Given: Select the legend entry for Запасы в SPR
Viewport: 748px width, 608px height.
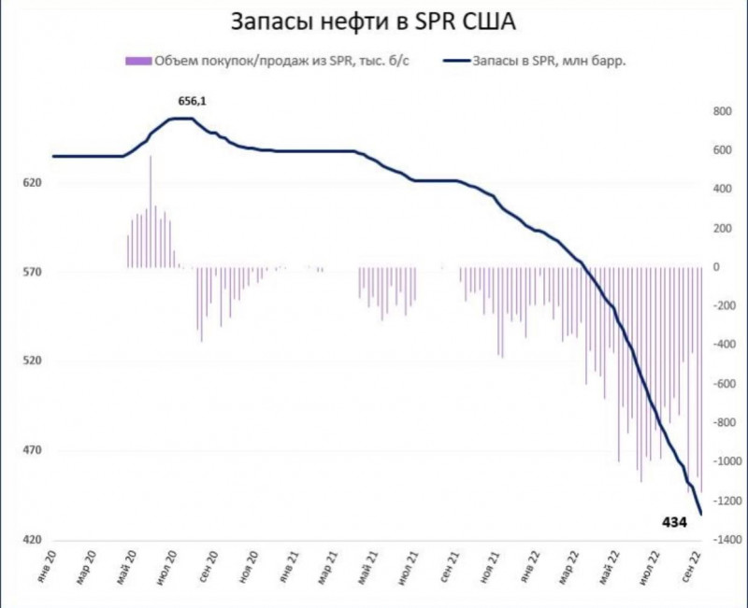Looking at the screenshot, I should [552, 61].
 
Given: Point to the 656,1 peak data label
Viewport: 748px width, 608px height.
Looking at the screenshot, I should [193, 99].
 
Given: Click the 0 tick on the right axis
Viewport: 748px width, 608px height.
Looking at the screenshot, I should [715, 267].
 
